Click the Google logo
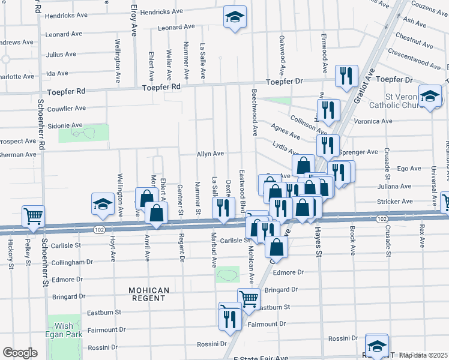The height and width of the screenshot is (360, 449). click(x=20, y=353)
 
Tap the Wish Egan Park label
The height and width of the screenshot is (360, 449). click(x=64, y=331)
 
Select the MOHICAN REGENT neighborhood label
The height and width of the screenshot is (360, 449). click(x=148, y=294)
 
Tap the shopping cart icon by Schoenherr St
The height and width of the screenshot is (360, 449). click(x=34, y=216)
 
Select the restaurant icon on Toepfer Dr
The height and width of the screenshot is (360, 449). click(x=346, y=76)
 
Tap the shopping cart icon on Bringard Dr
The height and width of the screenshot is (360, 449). click(x=248, y=298)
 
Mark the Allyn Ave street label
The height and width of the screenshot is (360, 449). click(x=210, y=154)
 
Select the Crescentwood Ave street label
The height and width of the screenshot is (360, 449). click(x=414, y=62)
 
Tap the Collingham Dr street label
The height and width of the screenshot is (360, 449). click(x=72, y=262)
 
